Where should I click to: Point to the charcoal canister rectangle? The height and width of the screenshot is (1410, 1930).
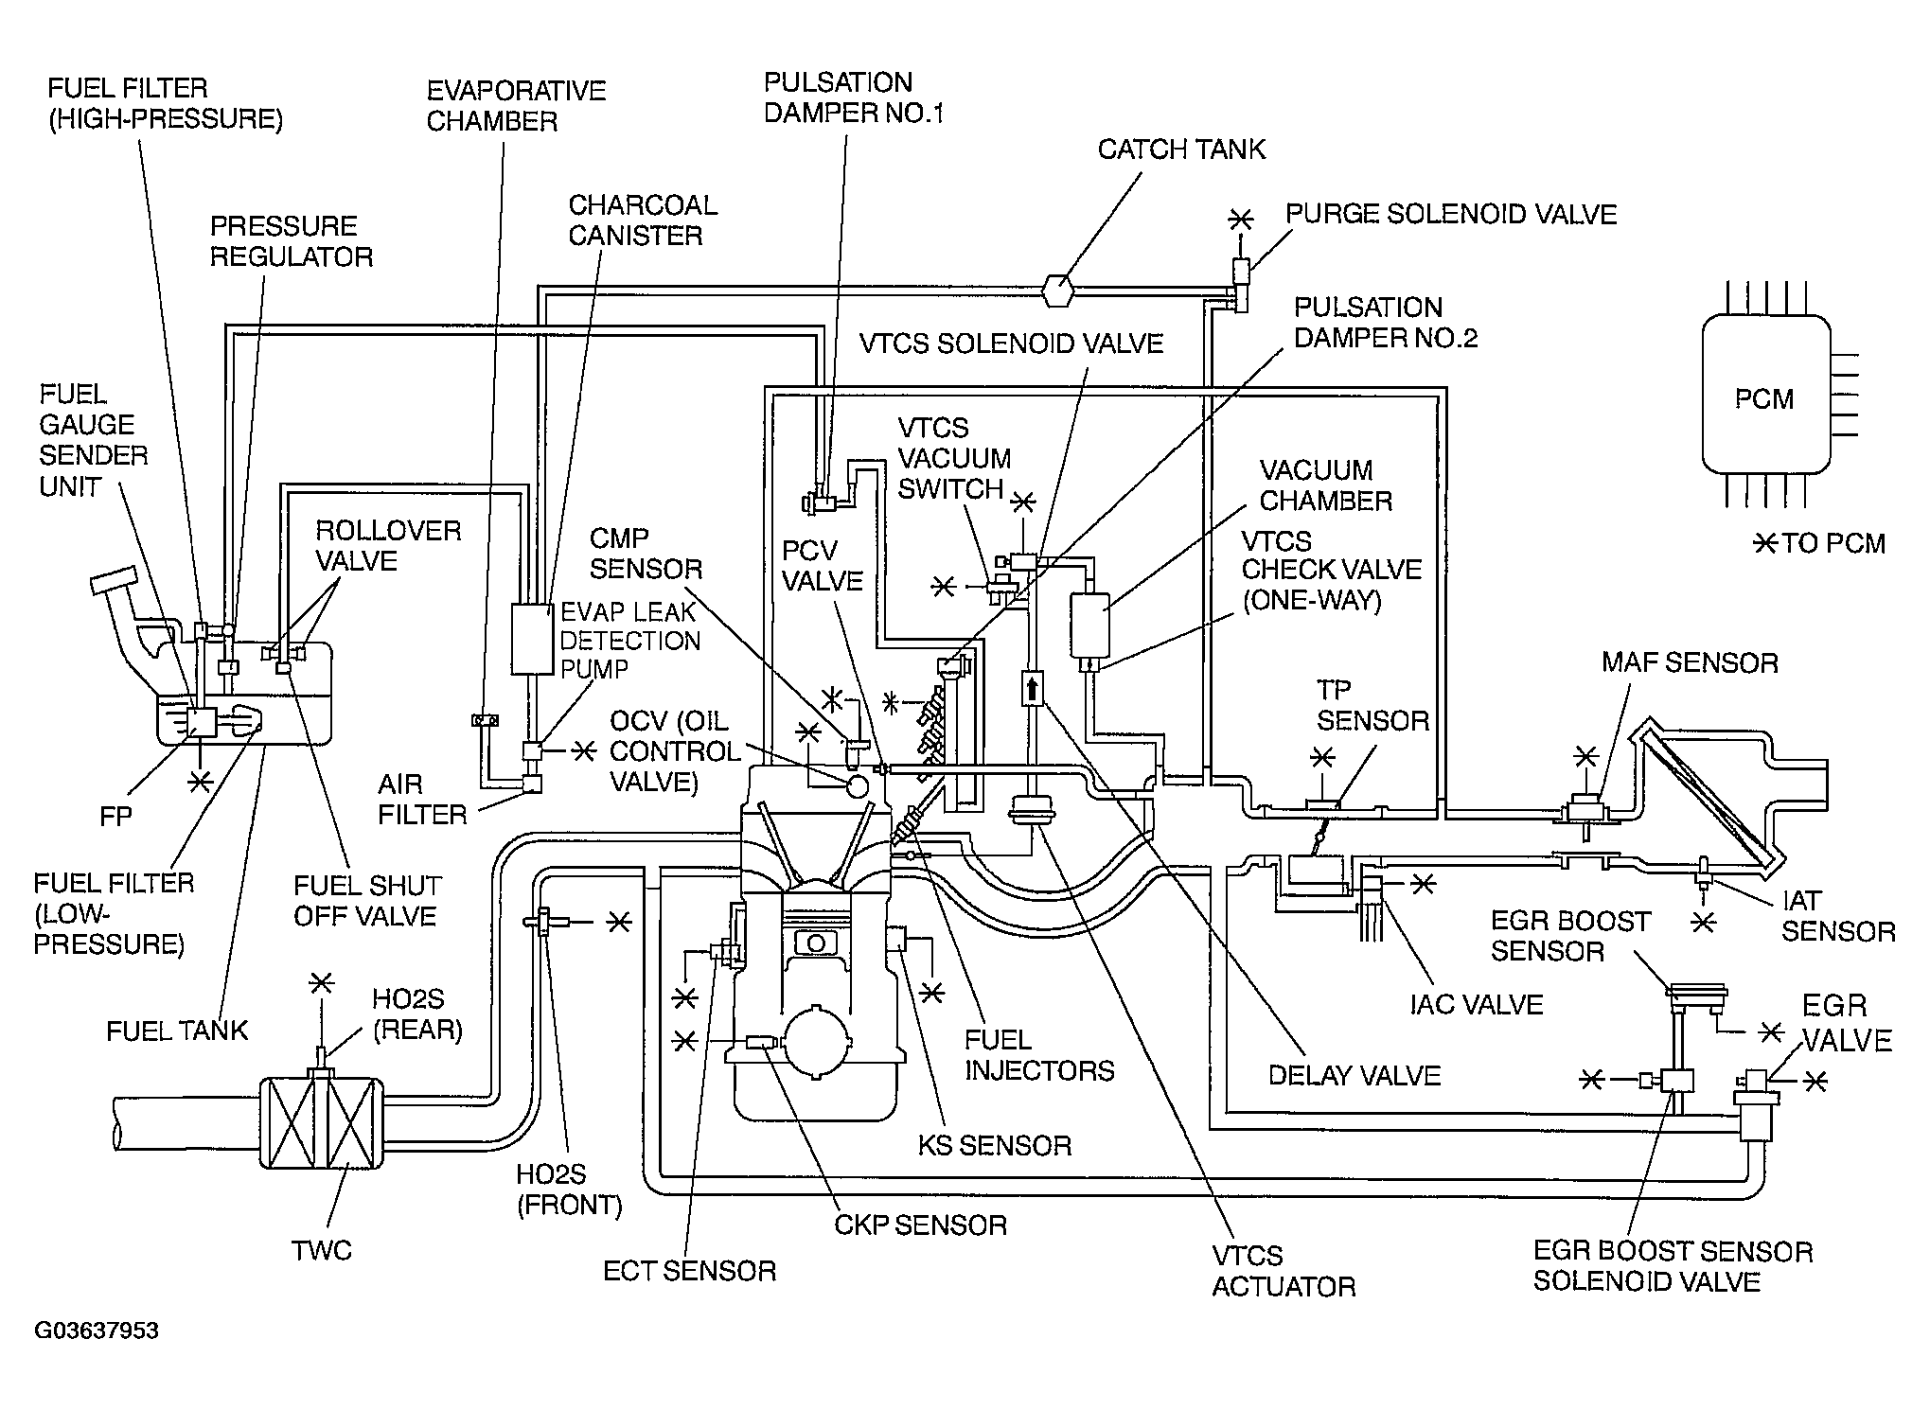tap(532, 639)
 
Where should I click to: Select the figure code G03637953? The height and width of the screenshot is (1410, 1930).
tap(97, 1331)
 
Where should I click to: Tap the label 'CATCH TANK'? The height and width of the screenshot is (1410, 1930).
tap(1181, 150)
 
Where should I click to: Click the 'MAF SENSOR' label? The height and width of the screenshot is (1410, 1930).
tap(1690, 662)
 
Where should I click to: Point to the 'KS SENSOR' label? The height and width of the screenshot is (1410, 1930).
tap(995, 1146)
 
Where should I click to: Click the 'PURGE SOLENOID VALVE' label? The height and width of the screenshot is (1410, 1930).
tap(1451, 214)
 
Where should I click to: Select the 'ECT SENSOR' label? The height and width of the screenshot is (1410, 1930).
tap(690, 1271)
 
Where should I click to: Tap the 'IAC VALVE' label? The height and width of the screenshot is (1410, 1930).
tap(1477, 1004)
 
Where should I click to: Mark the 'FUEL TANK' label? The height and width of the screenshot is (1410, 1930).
tap(177, 1031)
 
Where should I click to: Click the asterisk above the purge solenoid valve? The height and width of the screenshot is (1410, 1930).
tap(1239, 220)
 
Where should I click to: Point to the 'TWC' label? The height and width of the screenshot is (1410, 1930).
tap(322, 1251)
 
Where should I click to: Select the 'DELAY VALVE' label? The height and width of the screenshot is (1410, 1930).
tap(1355, 1075)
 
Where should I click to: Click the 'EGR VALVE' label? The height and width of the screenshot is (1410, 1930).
tap(1847, 1023)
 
